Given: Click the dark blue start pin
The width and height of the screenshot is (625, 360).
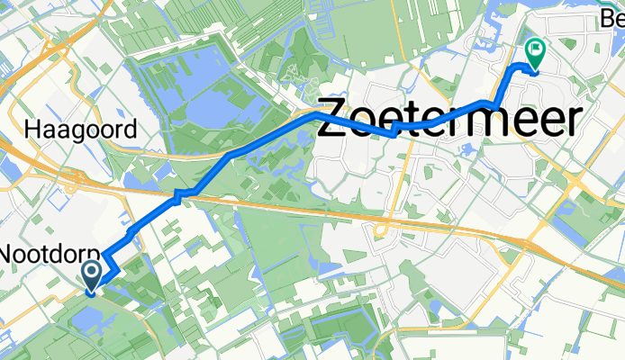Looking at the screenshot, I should point(92,274).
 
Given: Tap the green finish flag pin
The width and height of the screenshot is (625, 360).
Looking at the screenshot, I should point(535,54).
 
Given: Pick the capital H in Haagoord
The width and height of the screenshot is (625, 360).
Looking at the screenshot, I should point(34,130).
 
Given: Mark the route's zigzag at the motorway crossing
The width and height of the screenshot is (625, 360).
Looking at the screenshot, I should point(184,193).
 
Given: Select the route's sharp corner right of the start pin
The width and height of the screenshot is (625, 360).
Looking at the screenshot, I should point(115,266).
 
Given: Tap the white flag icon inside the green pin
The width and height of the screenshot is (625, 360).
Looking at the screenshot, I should point(535,50).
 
